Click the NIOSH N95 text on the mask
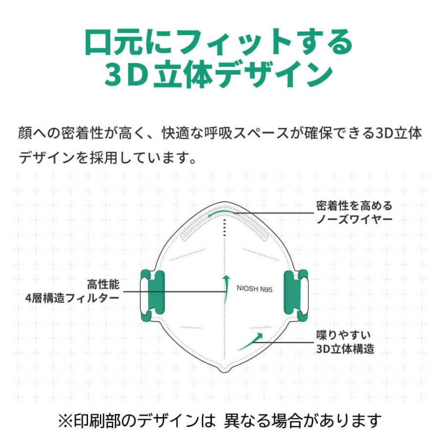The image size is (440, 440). point(254,288)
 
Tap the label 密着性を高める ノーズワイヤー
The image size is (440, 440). point(354,213)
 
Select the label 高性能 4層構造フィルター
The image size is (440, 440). point(72,291)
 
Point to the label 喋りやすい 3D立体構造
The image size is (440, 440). point(345,342)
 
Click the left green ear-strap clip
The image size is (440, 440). point(153,295)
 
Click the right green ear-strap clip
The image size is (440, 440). point(296,295)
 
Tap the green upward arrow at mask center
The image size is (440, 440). point(225,289)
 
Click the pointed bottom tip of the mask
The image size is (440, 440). point(224,372)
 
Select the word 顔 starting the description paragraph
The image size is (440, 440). point(25,133)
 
